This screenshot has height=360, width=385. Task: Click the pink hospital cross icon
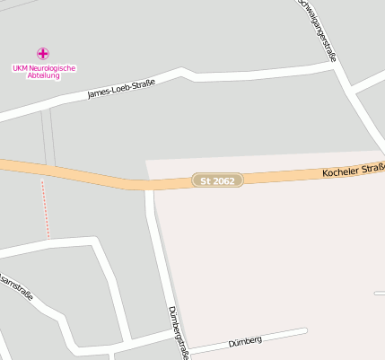click(x=43, y=54)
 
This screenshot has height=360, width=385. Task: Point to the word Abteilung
click(x=43, y=76)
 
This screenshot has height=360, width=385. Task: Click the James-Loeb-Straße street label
click(x=121, y=89)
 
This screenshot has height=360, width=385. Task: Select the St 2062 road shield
click(x=218, y=180)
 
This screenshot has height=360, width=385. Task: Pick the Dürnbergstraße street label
click(x=179, y=332)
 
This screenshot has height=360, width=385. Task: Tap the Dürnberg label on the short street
click(x=244, y=341)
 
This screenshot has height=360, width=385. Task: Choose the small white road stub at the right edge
click(x=380, y=294)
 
